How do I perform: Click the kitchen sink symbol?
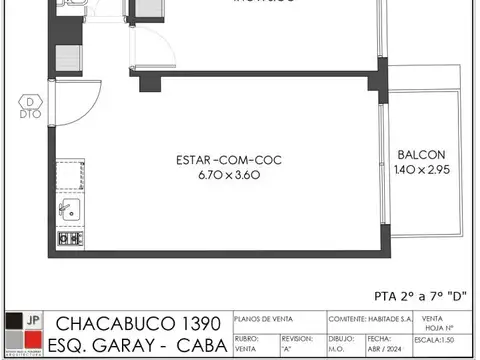[69, 210]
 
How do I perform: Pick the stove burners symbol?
[69, 239]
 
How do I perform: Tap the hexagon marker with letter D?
[32, 101]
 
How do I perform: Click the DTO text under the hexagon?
[32, 114]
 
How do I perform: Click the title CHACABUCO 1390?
[140, 324]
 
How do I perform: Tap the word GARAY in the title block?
[138, 345]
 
